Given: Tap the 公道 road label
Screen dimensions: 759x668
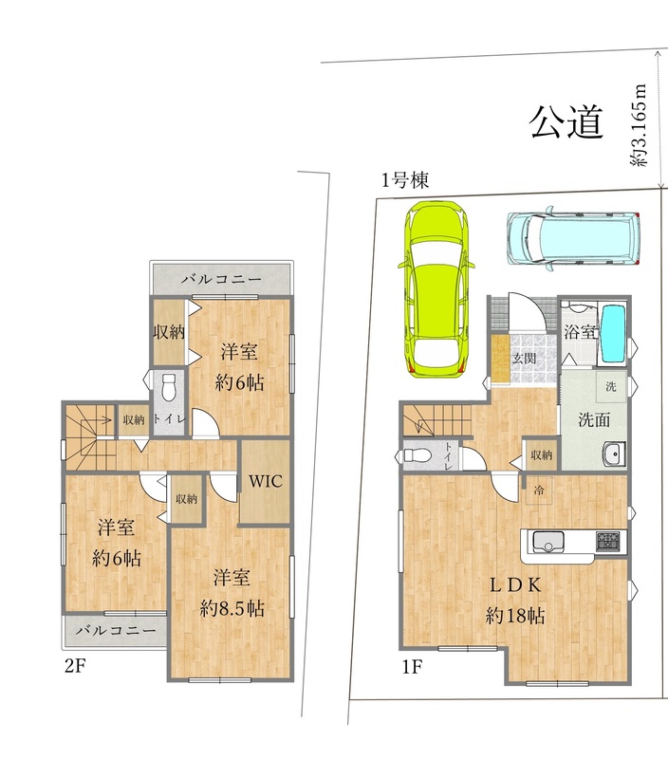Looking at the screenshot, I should (566, 123).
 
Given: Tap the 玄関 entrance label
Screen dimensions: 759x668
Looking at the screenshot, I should (524, 358).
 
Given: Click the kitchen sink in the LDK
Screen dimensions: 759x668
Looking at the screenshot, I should (548, 543).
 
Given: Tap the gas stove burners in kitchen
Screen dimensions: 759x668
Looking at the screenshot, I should (607, 541).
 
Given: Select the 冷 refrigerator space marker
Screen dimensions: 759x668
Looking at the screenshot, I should (537, 491).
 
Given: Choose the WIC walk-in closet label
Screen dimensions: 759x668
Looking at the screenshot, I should (265, 480).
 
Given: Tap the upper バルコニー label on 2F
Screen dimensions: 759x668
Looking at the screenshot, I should (221, 279).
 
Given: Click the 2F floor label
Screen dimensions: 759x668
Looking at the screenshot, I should (75, 666).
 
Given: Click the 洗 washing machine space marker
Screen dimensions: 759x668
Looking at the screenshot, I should (610, 387).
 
